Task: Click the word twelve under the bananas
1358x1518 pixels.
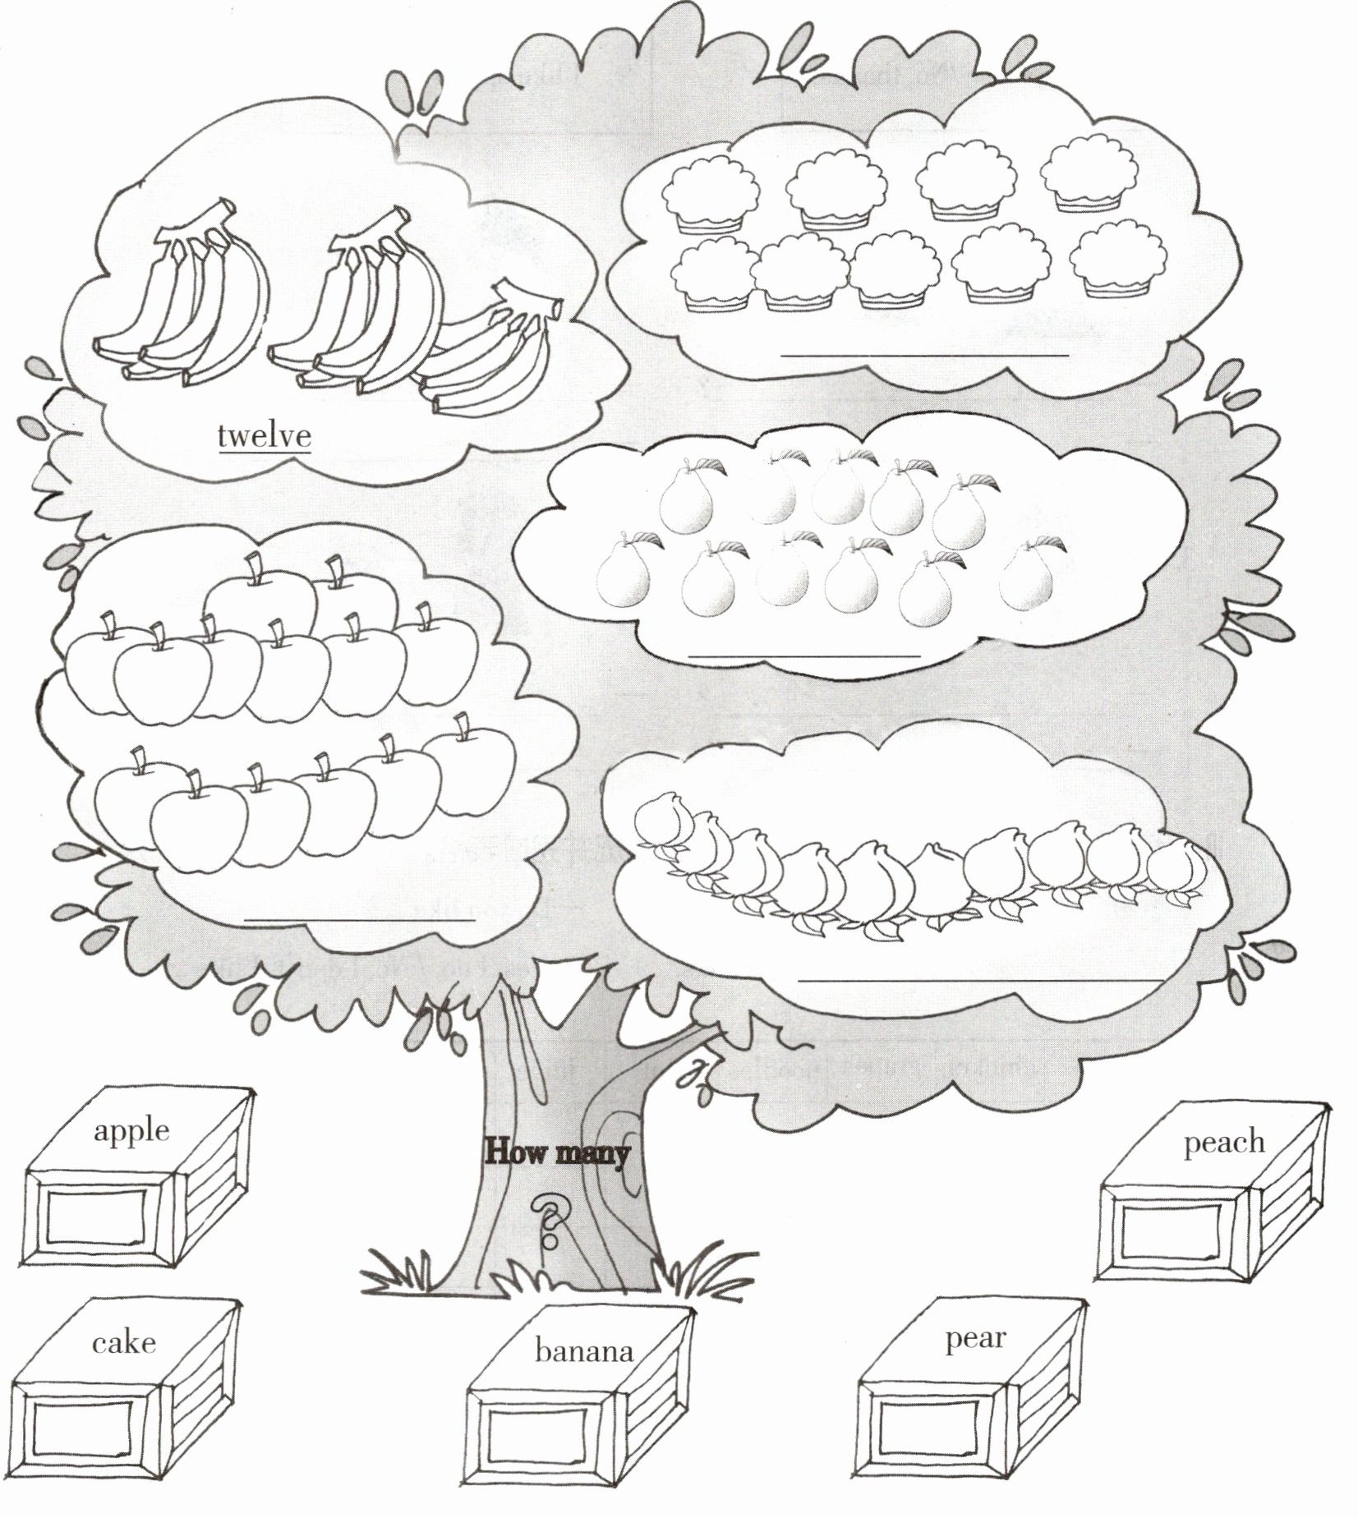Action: (x=264, y=435)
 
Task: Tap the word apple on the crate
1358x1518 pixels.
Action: (x=131, y=1130)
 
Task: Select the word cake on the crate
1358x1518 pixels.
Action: (x=123, y=1342)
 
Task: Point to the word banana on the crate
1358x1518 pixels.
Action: (x=583, y=1351)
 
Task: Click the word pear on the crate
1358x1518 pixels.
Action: (x=974, y=1339)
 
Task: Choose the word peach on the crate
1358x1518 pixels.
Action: (x=1223, y=1143)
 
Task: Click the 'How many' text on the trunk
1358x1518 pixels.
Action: (x=557, y=1152)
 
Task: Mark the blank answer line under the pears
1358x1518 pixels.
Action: (x=804, y=655)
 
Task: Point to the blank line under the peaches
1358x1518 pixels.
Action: (x=980, y=979)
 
